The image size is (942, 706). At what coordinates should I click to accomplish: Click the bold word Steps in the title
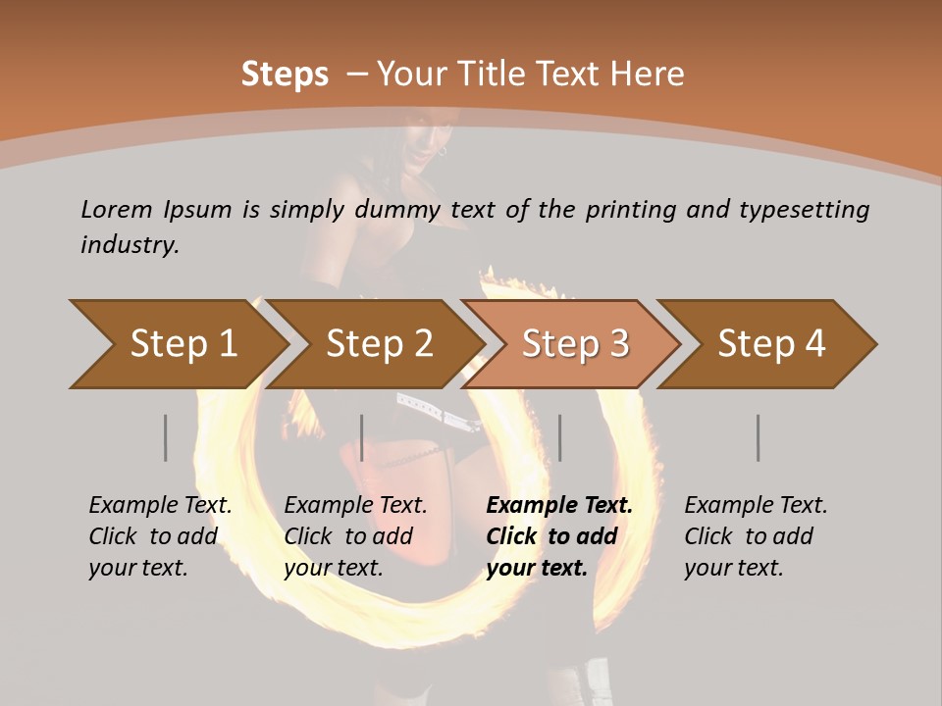285,75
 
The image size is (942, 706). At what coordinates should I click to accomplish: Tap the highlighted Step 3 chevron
575,344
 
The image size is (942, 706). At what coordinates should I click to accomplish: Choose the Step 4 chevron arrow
771,344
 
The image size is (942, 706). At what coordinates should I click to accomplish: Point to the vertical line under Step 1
166,437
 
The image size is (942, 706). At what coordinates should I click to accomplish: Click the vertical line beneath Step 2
362,437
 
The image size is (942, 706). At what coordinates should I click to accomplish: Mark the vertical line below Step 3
560,437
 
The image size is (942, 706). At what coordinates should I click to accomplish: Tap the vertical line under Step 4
759,437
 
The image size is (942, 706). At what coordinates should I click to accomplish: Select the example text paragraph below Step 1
160,536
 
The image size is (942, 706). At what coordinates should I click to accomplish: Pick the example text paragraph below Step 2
355,536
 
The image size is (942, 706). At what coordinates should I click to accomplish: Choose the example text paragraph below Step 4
756,536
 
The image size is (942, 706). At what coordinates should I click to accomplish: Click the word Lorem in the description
117,210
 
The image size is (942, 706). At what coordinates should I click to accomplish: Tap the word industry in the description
129,245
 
